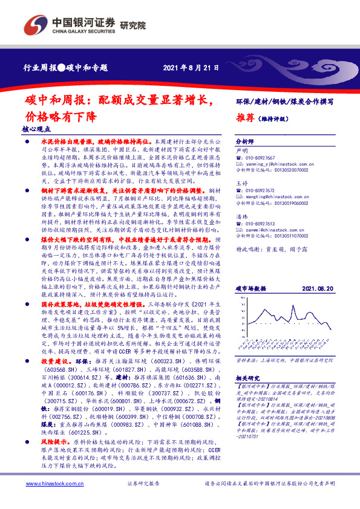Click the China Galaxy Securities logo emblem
coord(37,23)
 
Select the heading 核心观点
coord(36,129)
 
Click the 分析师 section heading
coord(244,138)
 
